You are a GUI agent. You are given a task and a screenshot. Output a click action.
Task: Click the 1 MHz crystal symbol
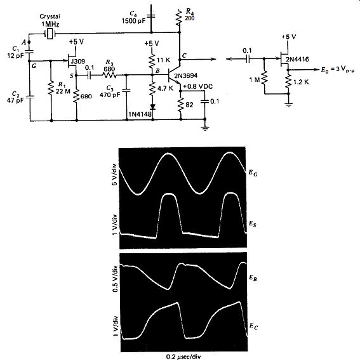[x=50, y=34]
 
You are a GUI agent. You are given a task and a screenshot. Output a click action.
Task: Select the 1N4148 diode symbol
[x=152, y=107]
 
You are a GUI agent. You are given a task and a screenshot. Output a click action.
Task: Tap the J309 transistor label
[x=78, y=62]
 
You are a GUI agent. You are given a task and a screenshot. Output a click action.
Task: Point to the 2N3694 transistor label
[x=185, y=76]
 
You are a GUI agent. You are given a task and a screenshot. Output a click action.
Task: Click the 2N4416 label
[x=297, y=59]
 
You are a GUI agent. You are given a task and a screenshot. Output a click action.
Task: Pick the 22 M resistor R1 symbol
[x=51, y=89]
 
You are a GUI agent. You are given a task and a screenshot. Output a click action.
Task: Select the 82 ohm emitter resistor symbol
[x=181, y=105]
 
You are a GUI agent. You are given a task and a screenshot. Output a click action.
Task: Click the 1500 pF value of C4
[x=134, y=21]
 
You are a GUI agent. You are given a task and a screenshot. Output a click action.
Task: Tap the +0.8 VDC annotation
[x=198, y=86]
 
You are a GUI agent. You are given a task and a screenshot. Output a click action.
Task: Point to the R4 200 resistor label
[x=190, y=15]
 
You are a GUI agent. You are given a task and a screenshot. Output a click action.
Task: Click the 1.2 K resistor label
[x=301, y=82]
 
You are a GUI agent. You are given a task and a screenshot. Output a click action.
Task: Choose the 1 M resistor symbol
[x=264, y=77]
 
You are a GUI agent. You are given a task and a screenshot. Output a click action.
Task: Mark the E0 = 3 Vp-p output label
[x=338, y=70]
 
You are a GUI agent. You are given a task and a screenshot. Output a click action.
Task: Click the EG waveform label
[x=253, y=173]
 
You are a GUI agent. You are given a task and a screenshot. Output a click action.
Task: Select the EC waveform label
[x=253, y=326]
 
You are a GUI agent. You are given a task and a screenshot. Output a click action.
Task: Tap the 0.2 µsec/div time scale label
[x=183, y=357]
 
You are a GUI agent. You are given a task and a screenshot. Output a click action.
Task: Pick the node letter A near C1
[x=23, y=43]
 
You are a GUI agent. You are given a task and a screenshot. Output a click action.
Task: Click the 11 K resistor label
[x=163, y=60]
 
